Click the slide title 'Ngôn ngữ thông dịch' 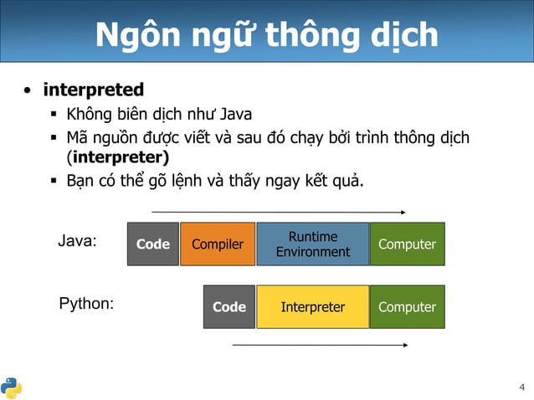[266, 35]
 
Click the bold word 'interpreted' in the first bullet [94, 90]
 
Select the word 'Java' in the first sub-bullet [235, 114]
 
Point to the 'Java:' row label [77, 241]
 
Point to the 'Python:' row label [86, 304]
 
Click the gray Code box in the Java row [153, 244]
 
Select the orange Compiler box [218, 244]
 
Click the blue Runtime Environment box [312, 244]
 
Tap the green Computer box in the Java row [407, 244]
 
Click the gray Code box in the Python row [229, 307]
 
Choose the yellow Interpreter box [312, 307]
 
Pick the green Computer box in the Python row [407, 307]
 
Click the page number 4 [522, 387]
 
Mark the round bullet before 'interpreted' [28, 90]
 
